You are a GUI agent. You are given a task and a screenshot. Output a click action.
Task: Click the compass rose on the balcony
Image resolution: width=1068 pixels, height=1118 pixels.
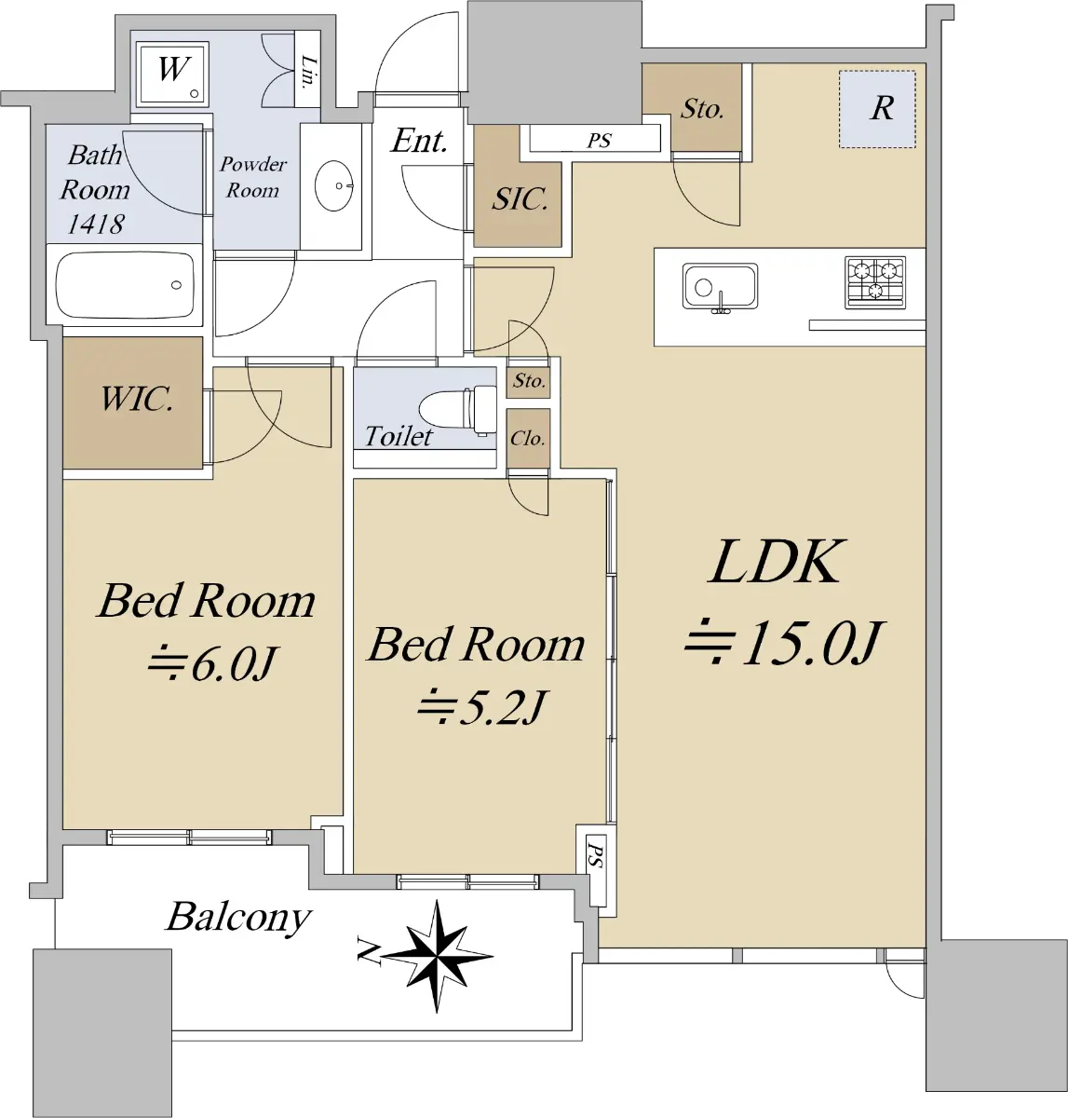click(x=437, y=956)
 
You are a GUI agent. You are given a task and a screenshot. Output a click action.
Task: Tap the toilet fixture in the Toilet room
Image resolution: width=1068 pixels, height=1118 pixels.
click(x=457, y=409)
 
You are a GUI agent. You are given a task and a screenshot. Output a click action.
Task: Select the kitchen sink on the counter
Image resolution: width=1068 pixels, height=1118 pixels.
click(x=720, y=287)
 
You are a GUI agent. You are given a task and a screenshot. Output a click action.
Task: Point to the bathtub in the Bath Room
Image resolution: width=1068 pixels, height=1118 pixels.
click(x=125, y=285)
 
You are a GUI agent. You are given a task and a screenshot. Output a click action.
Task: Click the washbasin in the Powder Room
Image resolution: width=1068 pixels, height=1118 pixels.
click(x=333, y=185)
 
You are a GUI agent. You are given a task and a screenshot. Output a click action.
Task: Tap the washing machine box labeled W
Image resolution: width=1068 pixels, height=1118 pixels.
click(x=172, y=74)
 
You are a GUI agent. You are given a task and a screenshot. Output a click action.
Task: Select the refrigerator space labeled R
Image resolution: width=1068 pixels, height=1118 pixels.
click(x=877, y=109)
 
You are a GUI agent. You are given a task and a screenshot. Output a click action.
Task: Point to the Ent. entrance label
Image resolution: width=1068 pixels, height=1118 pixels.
click(x=419, y=140)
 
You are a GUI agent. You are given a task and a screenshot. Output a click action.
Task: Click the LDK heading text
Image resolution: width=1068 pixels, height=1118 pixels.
click(x=777, y=562)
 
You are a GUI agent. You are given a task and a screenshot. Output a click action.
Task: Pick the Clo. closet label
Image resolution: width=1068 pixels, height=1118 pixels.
click(x=528, y=439)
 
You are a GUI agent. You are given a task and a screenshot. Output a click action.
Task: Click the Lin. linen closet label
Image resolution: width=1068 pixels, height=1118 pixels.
click(x=308, y=72)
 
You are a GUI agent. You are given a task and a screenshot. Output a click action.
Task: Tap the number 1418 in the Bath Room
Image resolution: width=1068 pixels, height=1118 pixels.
click(x=95, y=224)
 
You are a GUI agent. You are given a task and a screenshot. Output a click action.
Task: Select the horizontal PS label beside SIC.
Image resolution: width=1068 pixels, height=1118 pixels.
click(x=599, y=141)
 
